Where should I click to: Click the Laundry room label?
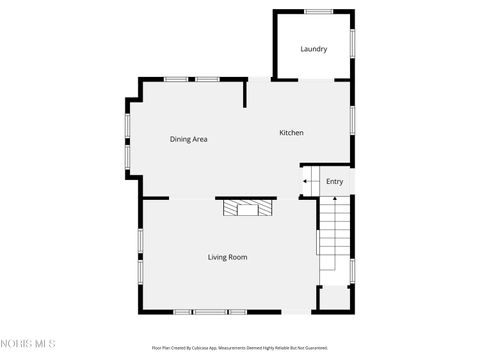pyautogui.click(x=314, y=49)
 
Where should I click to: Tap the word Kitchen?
pyautogui.click(x=291, y=133)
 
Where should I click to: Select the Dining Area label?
pyautogui.click(x=188, y=139)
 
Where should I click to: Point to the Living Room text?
pyautogui.click(x=227, y=257)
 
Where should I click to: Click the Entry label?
pyautogui.click(x=334, y=181)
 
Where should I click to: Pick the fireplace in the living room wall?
pyautogui.click(x=247, y=207)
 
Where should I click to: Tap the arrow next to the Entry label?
pyautogui.click(x=306, y=181)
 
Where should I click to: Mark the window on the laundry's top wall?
pyautogui.click(x=319, y=12)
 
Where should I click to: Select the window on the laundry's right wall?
pyautogui.click(x=352, y=43)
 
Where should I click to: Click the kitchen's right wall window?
pyautogui.click(x=352, y=119)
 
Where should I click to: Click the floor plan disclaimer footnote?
pyautogui.click(x=239, y=348)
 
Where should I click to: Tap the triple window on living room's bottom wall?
pyautogui.click(x=207, y=312)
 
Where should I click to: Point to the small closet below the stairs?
pyautogui.click(x=334, y=299)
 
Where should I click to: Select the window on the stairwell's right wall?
pyautogui.click(x=352, y=270)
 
